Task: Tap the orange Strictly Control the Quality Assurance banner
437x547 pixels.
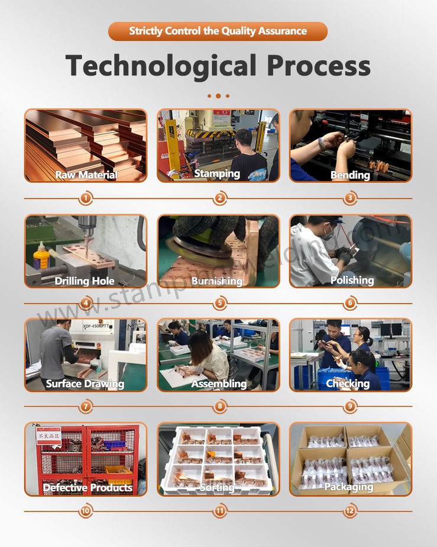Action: (218, 31)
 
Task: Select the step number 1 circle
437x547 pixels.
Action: (86, 198)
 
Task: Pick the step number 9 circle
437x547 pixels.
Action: (351, 406)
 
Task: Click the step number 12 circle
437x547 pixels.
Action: (351, 511)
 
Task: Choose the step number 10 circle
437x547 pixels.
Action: (86, 511)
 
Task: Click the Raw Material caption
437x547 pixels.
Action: (86, 175)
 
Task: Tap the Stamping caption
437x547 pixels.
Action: (217, 173)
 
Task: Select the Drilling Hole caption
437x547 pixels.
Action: (85, 281)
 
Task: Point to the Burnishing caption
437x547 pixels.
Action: (217, 281)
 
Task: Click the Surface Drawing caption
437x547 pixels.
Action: (85, 384)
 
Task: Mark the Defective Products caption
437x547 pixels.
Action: (88, 488)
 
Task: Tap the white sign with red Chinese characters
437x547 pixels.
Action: (48, 437)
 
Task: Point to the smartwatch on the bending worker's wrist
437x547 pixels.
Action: (322, 144)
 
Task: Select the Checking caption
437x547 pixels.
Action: (348, 384)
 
